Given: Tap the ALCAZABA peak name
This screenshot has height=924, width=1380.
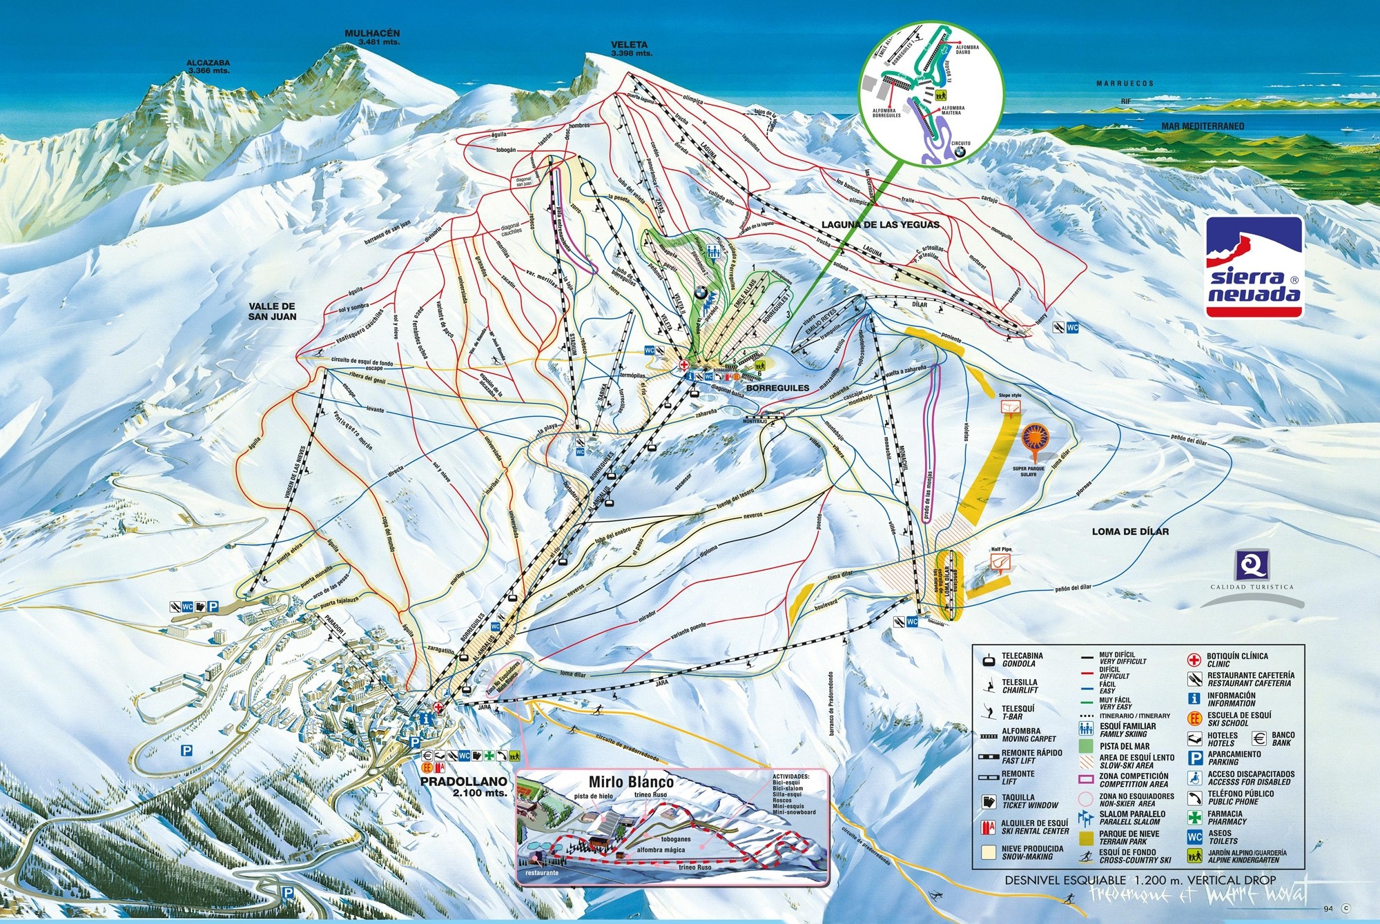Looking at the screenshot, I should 208,63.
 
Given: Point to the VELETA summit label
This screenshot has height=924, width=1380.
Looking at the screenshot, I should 629,45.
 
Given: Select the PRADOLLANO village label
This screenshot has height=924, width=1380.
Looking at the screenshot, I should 464,781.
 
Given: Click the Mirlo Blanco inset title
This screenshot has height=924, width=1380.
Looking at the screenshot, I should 630,782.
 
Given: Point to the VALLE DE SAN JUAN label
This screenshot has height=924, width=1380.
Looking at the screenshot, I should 273,311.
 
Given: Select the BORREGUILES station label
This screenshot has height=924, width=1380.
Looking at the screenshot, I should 777,388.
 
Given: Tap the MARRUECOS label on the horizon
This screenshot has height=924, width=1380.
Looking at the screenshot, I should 1125,83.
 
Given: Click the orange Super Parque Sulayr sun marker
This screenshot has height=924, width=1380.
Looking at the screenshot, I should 1034,438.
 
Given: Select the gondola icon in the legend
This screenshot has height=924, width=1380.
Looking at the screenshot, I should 989,660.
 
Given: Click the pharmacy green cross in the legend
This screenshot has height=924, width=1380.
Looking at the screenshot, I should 1194,817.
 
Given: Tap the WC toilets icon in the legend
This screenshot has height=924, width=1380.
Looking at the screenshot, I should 1194,837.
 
